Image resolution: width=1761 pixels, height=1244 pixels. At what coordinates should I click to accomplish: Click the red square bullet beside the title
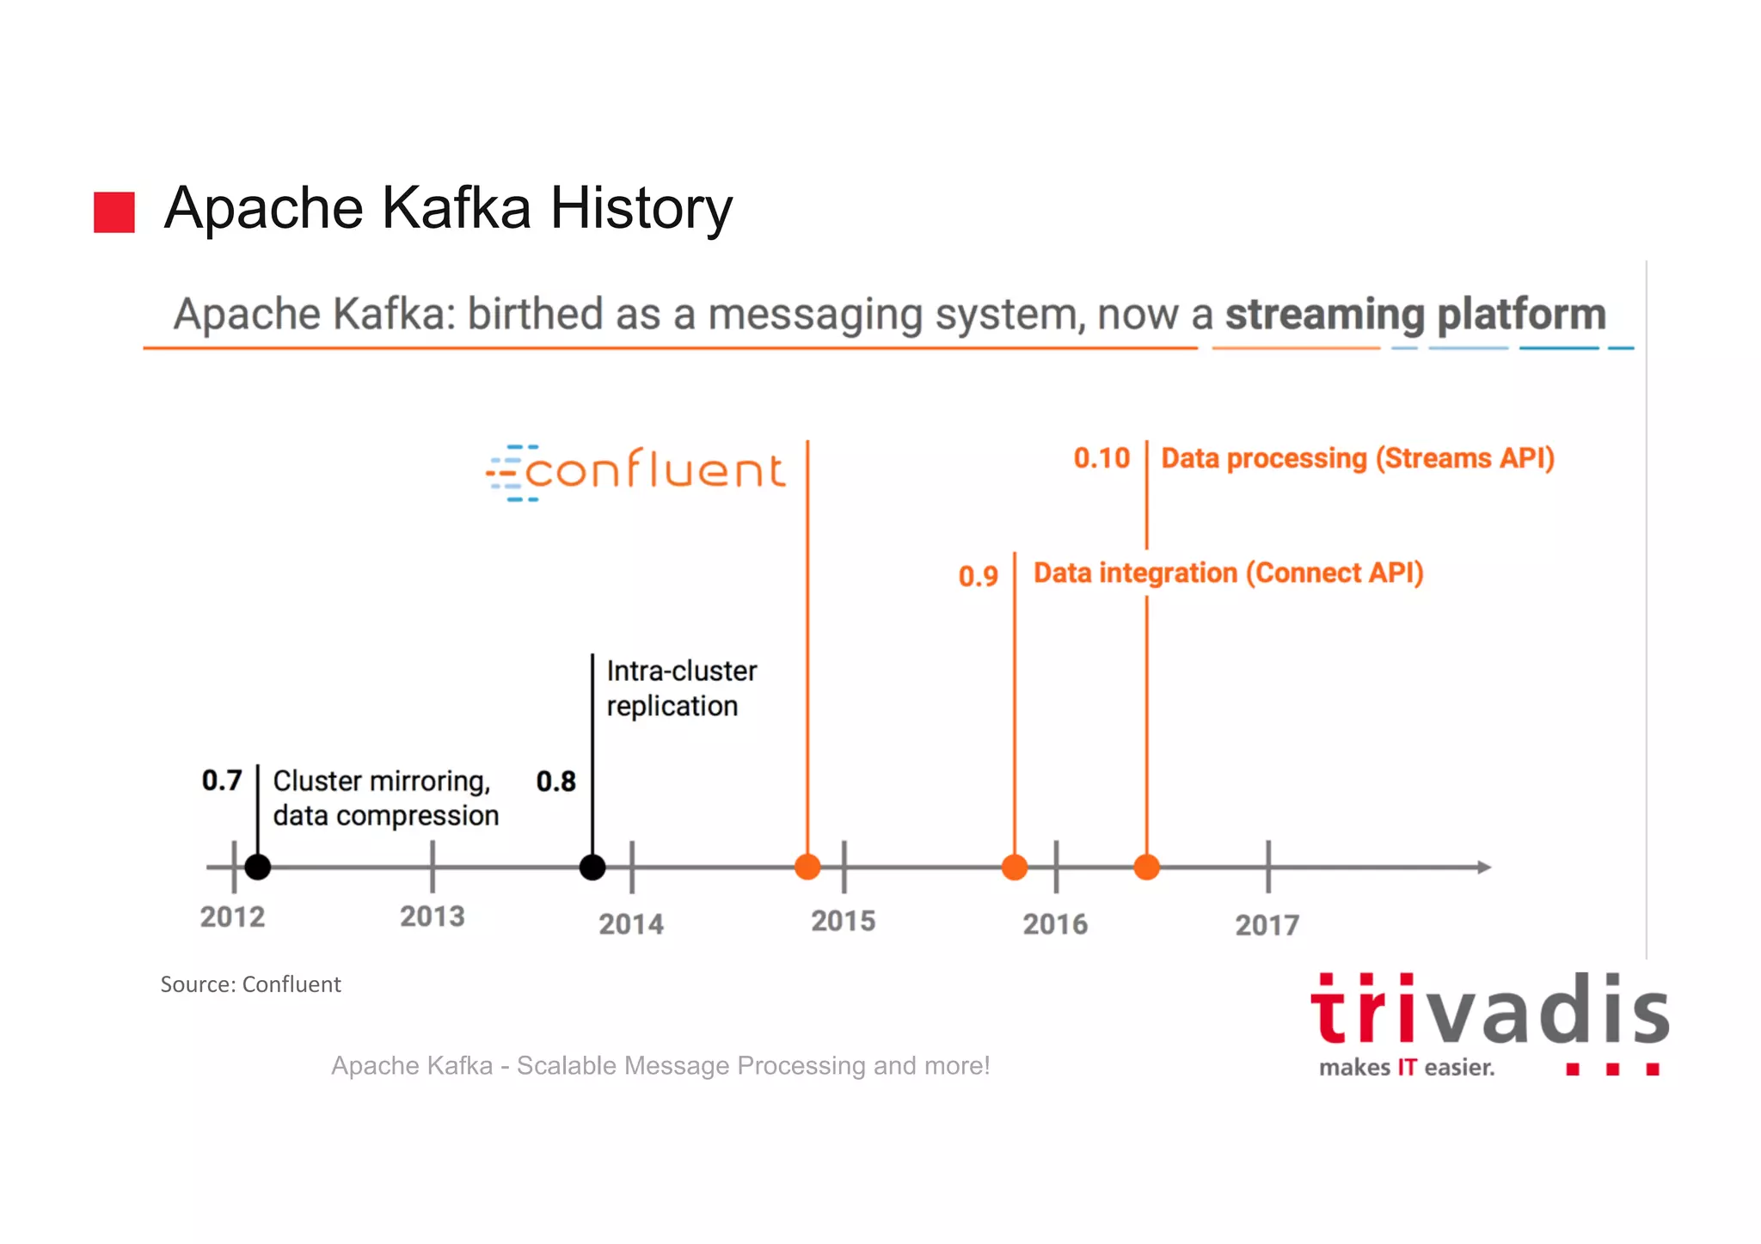coord(114,212)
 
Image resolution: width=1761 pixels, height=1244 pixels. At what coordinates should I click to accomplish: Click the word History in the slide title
coord(641,209)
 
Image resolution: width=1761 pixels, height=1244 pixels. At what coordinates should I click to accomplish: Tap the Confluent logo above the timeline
coord(635,472)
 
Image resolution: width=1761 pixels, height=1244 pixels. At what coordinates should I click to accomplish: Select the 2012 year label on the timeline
coord(232,917)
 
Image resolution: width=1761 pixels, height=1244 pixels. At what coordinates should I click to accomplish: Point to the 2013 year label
coord(432,916)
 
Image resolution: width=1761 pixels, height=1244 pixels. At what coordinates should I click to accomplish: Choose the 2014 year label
coord(631,924)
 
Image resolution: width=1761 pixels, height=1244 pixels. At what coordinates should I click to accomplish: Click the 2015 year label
coord(843,922)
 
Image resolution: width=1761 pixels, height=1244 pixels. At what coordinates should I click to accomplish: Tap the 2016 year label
coord(1055,924)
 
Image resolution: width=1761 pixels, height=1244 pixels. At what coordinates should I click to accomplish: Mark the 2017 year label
coord(1267,925)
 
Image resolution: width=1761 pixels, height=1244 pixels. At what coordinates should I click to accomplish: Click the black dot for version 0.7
coord(258,867)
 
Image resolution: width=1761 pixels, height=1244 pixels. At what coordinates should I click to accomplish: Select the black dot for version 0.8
coord(592,867)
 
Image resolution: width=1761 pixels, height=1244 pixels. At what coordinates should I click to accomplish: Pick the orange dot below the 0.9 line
coord(1015,867)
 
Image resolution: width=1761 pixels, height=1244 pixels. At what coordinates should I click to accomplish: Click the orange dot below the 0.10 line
coord(1146,867)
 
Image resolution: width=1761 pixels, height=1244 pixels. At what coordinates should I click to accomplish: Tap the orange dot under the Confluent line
coord(807,867)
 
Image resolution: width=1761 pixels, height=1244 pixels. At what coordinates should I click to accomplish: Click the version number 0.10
coord(1101,458)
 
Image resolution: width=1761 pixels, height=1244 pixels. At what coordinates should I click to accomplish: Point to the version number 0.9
coord(979,576)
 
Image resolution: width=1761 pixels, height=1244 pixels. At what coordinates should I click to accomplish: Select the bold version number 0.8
coord(555,781)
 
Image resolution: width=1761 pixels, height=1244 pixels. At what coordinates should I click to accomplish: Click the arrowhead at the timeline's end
coord(1483,867)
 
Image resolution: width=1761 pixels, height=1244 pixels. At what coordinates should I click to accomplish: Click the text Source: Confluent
coord(250,984)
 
